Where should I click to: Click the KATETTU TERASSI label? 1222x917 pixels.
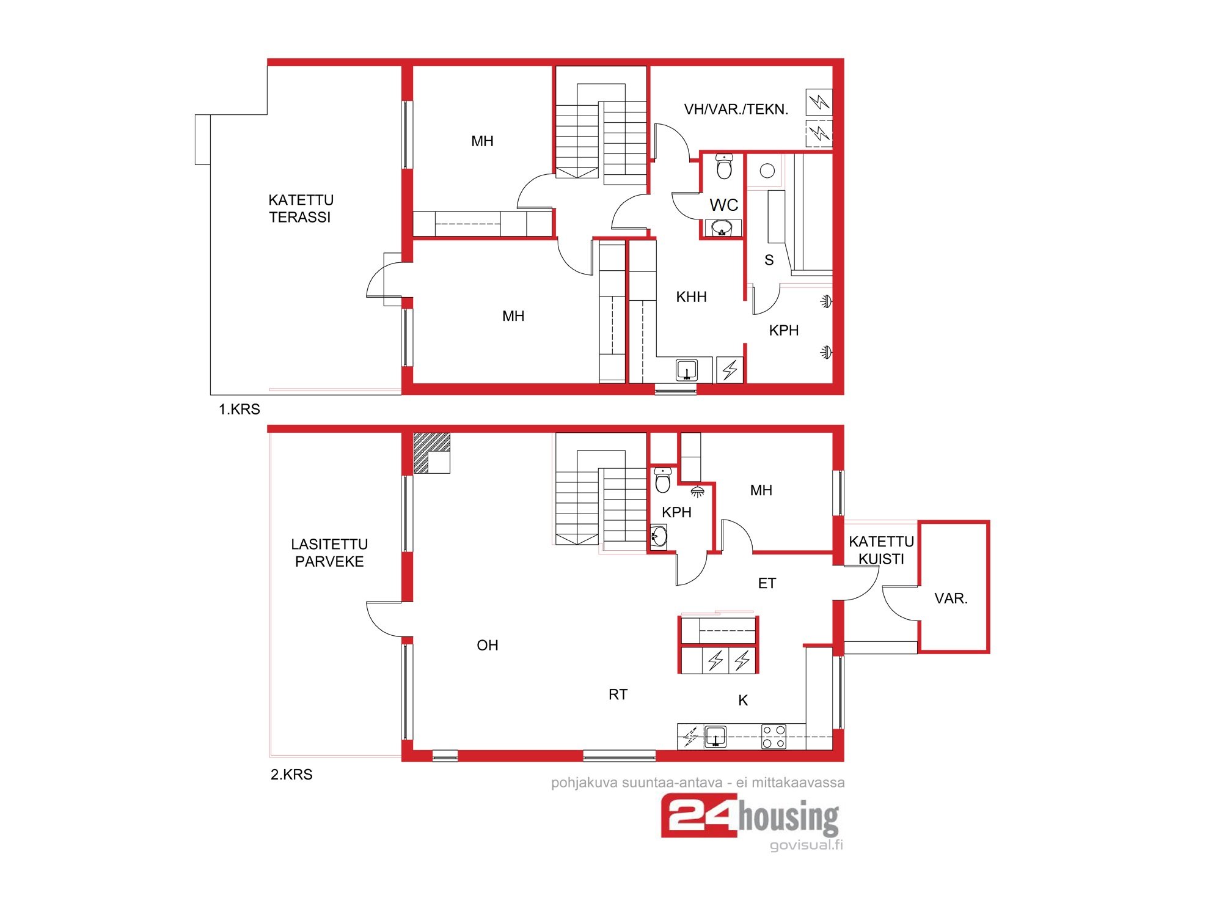[x=301, y=208]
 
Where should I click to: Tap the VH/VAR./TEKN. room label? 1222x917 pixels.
[x=736, y=109]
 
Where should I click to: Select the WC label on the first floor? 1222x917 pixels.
[x=724, y=205]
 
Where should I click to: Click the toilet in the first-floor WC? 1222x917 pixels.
[x=724, y=166]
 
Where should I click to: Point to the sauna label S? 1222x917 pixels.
[x=769, y=260]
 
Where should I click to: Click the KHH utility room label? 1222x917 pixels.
[x=691, y=297]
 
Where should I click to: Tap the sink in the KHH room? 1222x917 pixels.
[x=687, y=370]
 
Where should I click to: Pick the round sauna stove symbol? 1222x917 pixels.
[x=767, y=171]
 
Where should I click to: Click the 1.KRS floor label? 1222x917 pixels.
[x=240, y=409]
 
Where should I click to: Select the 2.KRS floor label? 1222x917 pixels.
[x=291, y=775]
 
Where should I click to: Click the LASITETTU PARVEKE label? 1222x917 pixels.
[x=329, y=553]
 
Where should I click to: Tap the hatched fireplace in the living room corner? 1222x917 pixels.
[x=432, y=453]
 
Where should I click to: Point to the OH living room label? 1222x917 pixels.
[x=488, y=646]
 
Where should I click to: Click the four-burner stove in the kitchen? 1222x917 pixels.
[x=774, y=737]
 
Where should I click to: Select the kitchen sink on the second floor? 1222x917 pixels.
[x=715, y=737]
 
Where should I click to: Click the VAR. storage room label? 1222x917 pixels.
[x=951, y=598]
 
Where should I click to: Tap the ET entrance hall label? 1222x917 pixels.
[x=767, y=583]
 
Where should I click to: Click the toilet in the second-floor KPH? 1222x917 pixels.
[x=663, y=481]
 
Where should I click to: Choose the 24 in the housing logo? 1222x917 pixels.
[x=699, y=816]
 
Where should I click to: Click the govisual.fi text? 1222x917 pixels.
[x=807, y=845]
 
